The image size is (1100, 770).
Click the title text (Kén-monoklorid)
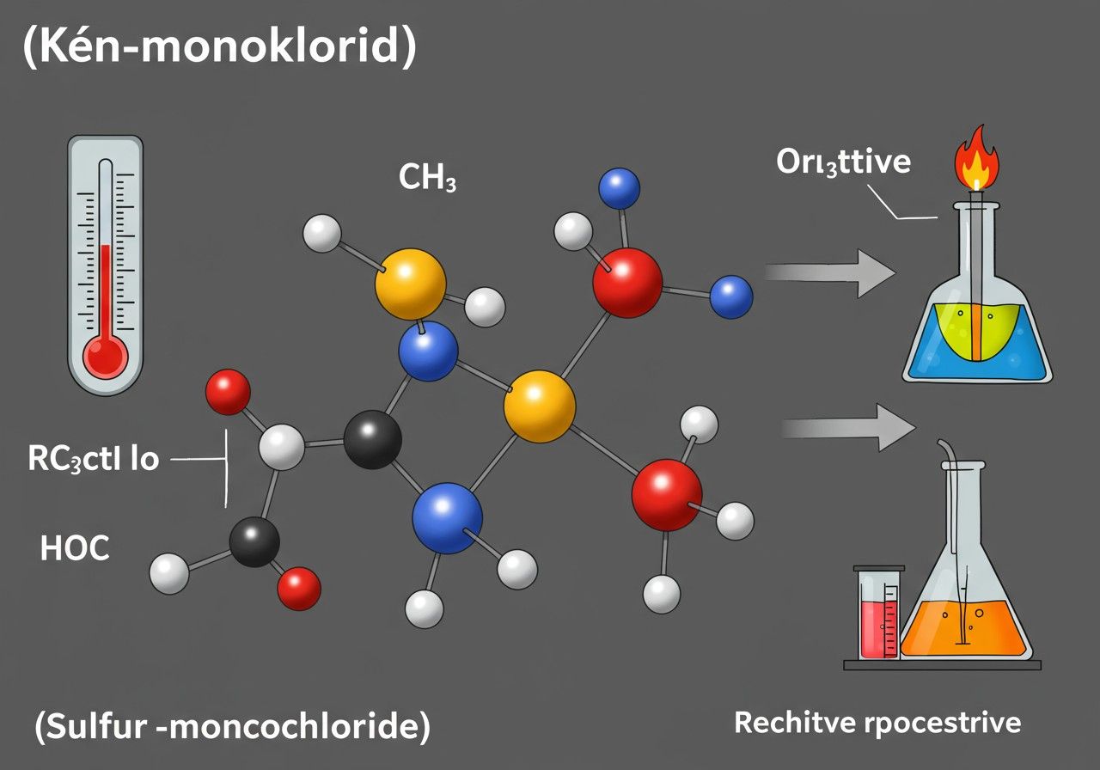(x=218, y=50)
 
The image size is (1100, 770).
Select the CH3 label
(x=427, y=177)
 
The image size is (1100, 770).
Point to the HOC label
(x=75, y=548)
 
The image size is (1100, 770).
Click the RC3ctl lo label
(x=94, y=459)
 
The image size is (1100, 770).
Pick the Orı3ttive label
(x=842, y=162)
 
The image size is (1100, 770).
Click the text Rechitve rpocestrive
(x=877, y=723)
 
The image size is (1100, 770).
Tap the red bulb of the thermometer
(x=106, y=353)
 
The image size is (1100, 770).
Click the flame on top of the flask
(x=977, y=160)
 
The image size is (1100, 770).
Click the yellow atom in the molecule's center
(x=539, y=406)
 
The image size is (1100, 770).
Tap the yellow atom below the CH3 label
(x=411, y=284)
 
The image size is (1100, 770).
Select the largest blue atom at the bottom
(x=447, y=517)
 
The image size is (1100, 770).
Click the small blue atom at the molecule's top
(x=619, y=188)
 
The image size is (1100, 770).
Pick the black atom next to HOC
(x=255, y=541)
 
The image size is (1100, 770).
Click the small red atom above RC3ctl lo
(x=229, y=392)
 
